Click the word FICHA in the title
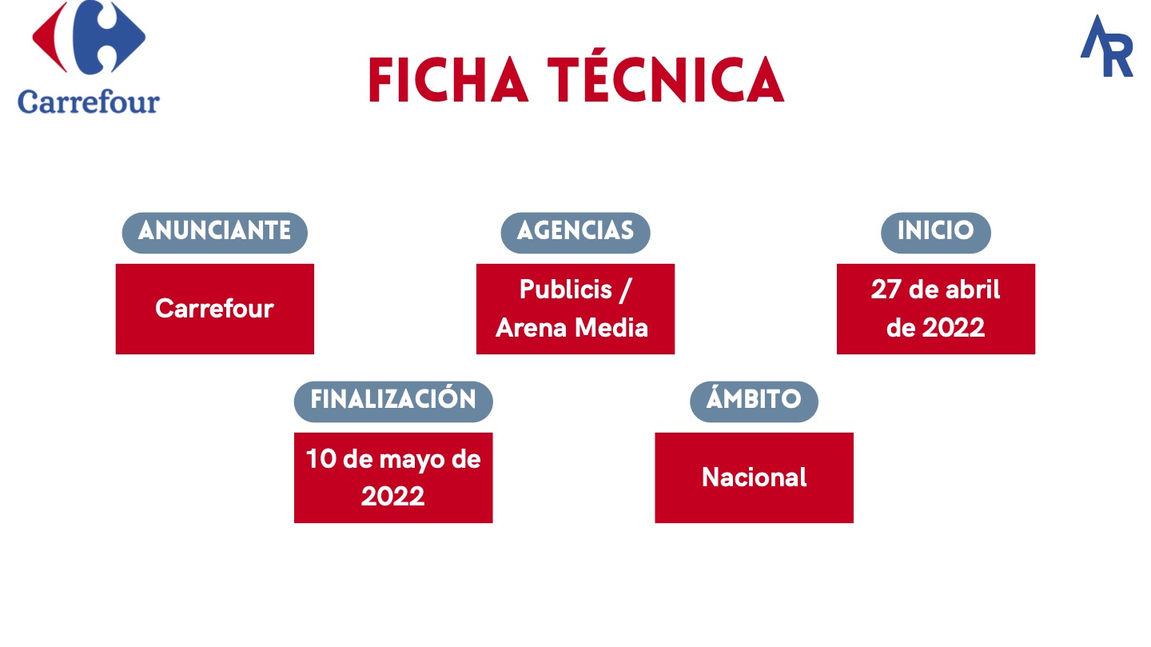[448, 80]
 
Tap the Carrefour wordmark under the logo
[89, 102]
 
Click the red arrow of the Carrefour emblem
[50, 37]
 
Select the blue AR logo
[1107, 46]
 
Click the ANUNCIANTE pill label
[215, 233]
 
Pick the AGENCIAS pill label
[575, 233]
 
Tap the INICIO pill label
[936, 233]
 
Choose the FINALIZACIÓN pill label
[393, 401]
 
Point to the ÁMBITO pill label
[754, 401]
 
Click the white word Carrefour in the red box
[214, 309]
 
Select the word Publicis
[566, 289]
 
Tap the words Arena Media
[572, 328]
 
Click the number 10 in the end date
[321, 459]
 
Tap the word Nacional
[755, 477]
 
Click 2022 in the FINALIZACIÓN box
[392, 497]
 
